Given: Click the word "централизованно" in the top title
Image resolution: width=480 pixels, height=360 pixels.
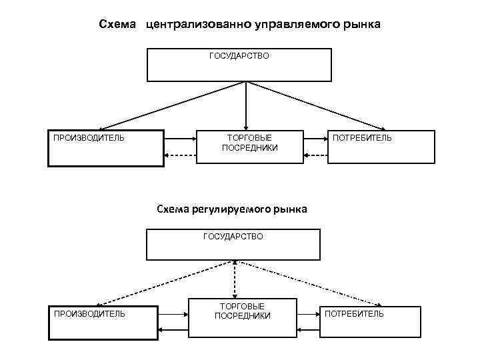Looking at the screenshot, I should click(x=197, y=25).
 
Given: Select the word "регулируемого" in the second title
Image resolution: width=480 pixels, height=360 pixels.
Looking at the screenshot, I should click(x=231, y=209).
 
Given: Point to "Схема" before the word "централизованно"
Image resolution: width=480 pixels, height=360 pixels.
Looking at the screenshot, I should click(x=117, y=25).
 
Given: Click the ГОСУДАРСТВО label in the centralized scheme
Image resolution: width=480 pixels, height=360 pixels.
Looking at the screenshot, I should click(x=239, y=56).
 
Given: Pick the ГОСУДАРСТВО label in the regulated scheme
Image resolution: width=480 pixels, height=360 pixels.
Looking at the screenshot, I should click(x=233, y=236).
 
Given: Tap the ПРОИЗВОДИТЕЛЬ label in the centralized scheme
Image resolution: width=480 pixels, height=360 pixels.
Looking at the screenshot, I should click(x=89, y=138).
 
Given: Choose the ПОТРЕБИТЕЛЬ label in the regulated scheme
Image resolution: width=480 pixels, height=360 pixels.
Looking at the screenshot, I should click(x=354, y=313).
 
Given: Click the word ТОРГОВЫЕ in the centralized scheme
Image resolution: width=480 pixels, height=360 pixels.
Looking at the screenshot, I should click(x=250, y=137).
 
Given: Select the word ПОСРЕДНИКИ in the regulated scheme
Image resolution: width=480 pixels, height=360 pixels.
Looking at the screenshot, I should click(x=243, y=316).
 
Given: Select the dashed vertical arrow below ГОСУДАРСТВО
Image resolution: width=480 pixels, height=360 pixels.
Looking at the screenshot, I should click(x=235, y=277).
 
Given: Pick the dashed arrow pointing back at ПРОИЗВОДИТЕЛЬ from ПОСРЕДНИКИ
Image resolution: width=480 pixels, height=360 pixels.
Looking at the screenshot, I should click(x=180, y=156).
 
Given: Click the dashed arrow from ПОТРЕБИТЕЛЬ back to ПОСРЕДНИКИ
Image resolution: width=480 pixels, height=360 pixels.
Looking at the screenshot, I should click(x=316, y=156).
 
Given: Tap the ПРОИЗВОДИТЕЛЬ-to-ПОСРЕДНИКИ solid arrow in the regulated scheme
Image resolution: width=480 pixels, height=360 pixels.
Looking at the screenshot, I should click(x=173, y=313).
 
